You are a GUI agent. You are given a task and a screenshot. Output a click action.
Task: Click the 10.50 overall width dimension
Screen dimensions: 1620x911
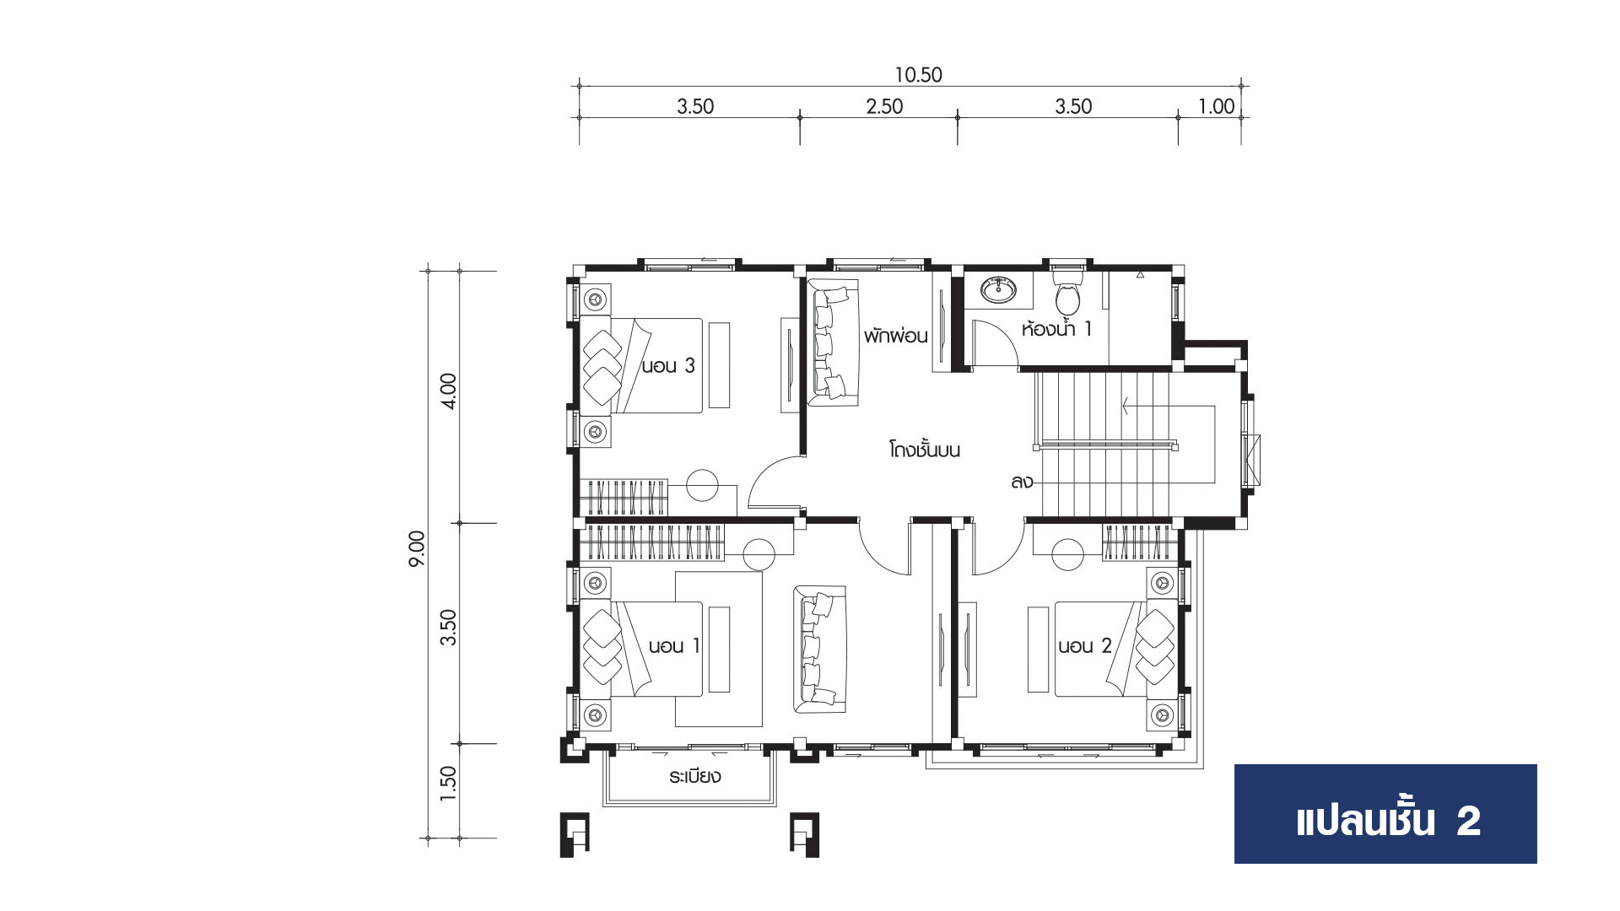pyautogui.click(x=918, y=75)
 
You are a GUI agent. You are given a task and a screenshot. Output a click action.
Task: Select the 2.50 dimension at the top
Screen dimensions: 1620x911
pyautogui.click(x=884, y=106)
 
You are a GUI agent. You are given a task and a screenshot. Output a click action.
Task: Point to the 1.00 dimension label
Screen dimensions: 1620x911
pyautogui.click(x=1216, y=106)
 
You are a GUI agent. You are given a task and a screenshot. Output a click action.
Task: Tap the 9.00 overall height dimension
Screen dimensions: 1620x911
pyautogui.click(x=417, y=548)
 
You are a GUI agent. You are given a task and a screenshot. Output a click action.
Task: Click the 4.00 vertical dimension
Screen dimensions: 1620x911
pyautogui.click(x=448, y=391)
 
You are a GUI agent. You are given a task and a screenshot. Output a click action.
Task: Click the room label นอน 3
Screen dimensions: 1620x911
pyautogui.click(x=668, y=366)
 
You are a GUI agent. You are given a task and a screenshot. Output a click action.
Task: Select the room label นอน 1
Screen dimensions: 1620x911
pyautogui.click(x=674, y=646)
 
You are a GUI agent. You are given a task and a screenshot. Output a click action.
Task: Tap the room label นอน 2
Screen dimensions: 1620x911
pyautogui.click(x=1085, y=646)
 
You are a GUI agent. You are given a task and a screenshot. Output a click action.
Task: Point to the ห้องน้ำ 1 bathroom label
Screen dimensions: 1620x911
pyautogui.click(x=1056, y=327)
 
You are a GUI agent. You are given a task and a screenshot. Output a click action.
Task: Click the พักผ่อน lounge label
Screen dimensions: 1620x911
pyautogui.click(x=895, y=336)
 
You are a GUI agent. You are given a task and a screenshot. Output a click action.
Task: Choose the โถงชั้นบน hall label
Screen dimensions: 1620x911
pyautogui.click(x=925, y=449)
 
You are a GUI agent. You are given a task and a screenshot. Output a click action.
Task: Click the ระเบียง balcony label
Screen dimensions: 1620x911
pyautogui.click(x=694, y=776)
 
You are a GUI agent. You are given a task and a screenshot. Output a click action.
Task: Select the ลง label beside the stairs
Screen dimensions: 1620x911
pyautogui.click(x=1021, y=483)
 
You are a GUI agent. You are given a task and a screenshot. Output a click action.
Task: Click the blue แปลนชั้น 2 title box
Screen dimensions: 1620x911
pyautogui.click(x=1385, y=814)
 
